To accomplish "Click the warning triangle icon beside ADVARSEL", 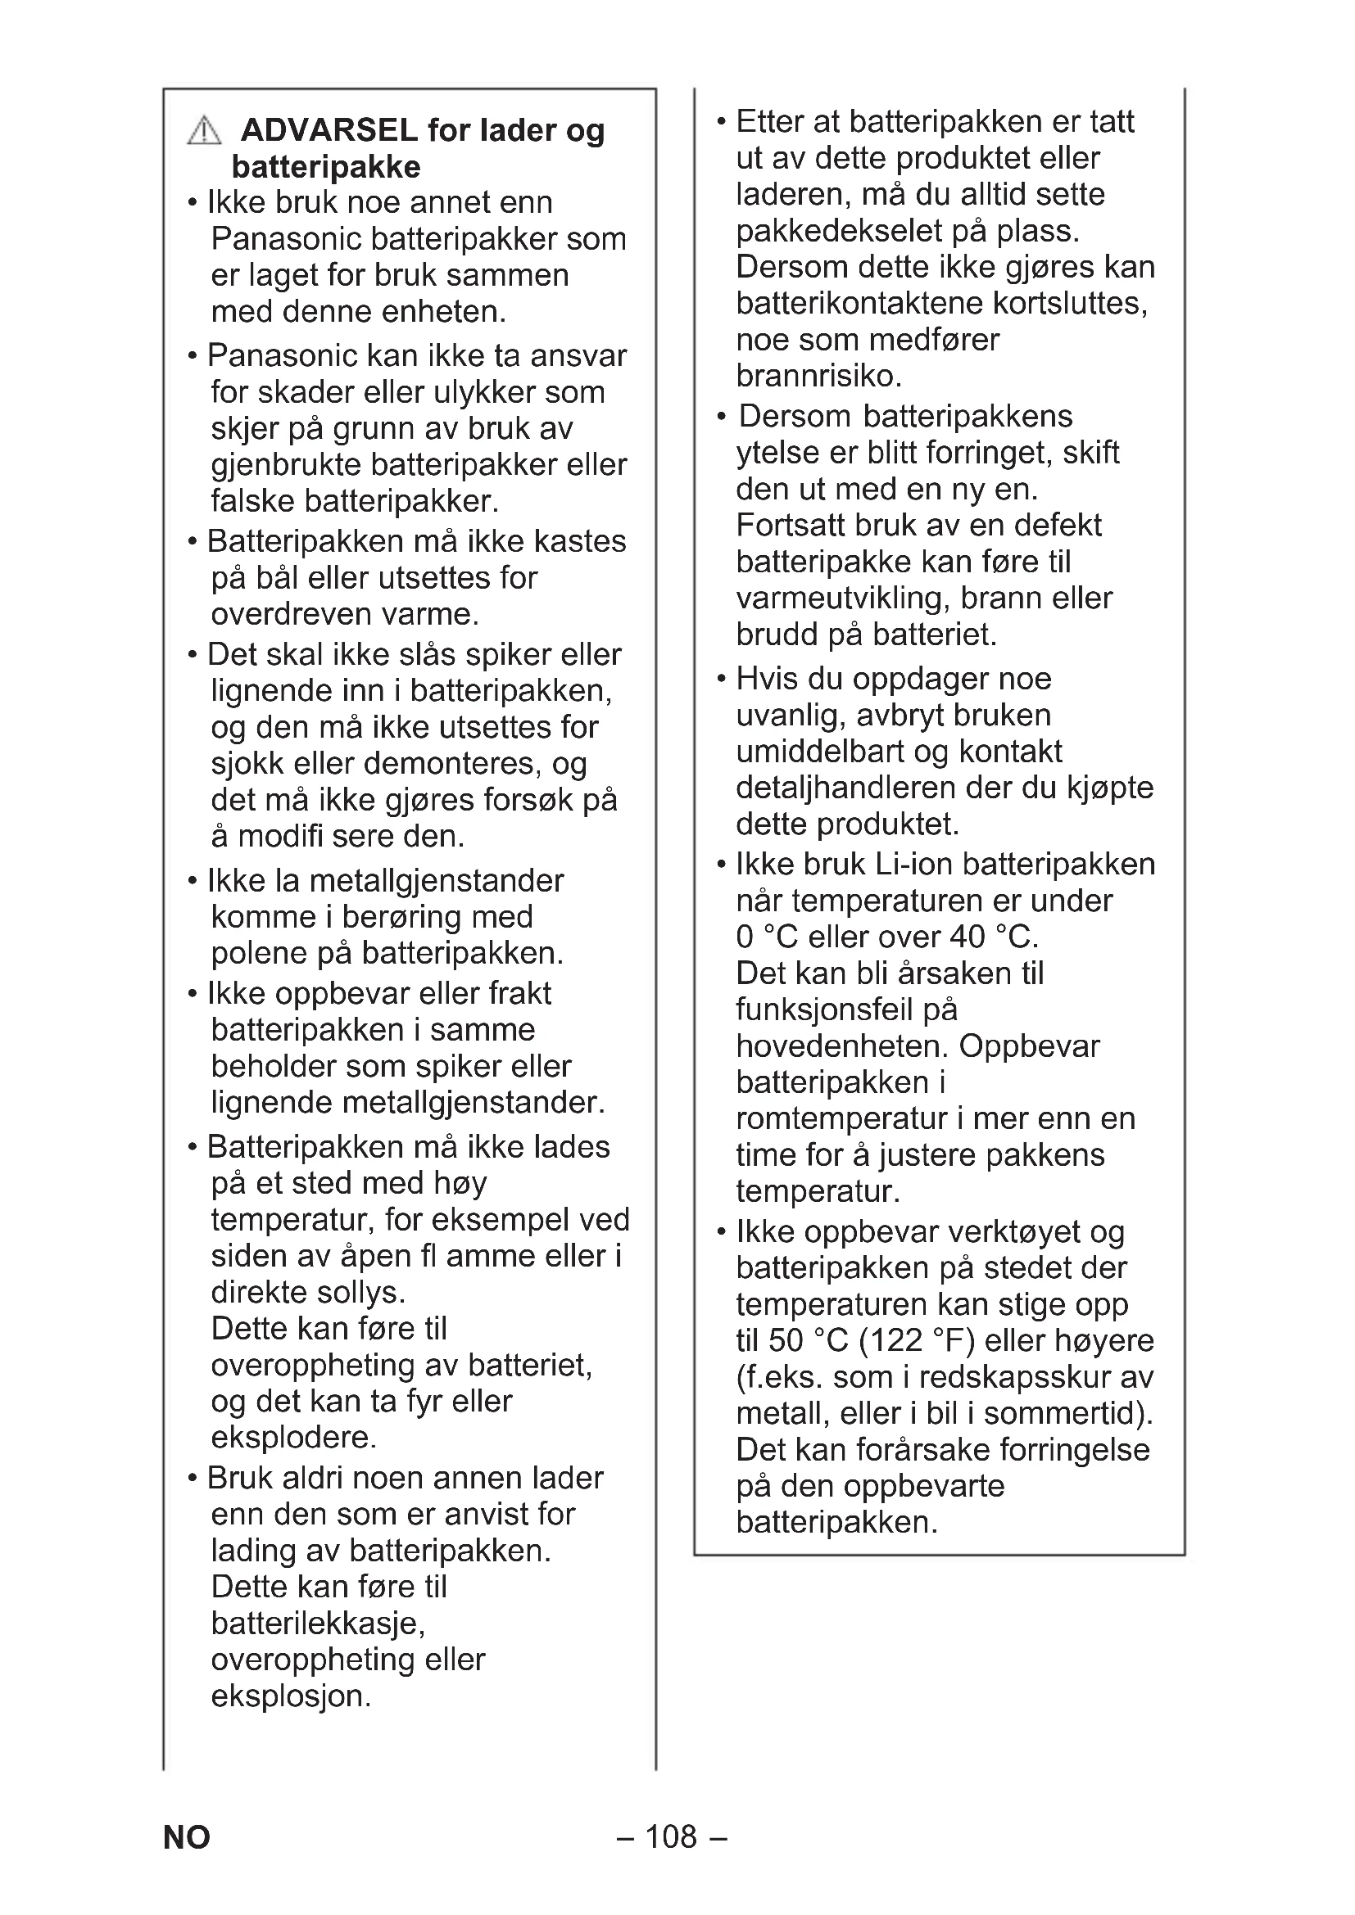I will (x=205, y=132).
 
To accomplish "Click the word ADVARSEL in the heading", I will (x=329, y=131).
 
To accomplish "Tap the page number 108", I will (x=671, y=1836).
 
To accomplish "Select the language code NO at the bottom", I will (x=187, y=1837).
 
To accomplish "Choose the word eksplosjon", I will (x=290, y=1696).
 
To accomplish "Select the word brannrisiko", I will (x=818, y=376).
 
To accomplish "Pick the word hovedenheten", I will (x=843, y=1046).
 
